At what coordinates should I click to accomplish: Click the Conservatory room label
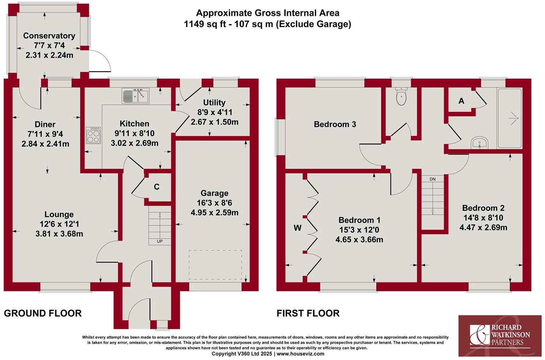coord(49,36)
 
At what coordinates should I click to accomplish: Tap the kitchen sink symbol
coord(136,96)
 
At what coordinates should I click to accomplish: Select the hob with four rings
coord(93,135)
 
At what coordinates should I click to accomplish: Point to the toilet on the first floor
coord(401,96)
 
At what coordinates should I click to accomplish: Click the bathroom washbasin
coord(479,143)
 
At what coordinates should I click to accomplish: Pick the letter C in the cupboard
coord(157,187)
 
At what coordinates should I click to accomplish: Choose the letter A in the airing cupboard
coord(461,101)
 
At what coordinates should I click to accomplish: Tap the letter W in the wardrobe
coord(298,228)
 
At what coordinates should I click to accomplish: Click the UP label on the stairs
coord(159,241)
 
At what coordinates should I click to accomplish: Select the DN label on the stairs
coord(433,179)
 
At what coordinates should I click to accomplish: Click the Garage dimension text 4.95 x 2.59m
coord(214,213)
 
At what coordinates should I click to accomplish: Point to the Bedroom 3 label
coord(335,125)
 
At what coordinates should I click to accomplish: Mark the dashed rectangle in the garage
coord(215,265)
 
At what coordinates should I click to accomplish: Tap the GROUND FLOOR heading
coord(43,313)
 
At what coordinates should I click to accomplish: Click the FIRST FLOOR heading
coord(308,313)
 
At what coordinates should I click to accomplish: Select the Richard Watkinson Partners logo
coord(501,336)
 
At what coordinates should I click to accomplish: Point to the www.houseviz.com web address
coord(300,354)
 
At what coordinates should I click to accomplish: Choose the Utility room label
coord(214,103)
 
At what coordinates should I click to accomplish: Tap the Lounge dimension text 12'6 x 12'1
coord(59,224)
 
